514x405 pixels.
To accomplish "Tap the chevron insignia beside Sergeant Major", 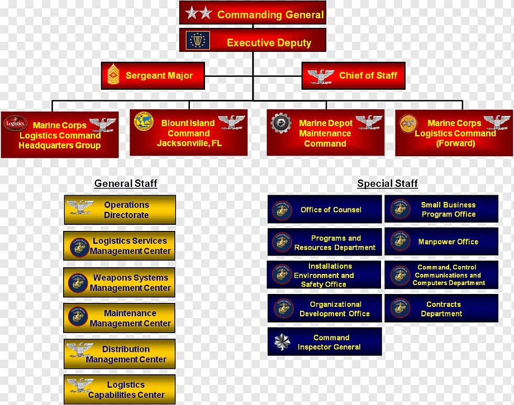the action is (x=114, y=75).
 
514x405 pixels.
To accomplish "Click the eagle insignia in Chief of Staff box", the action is (x=321, y=76).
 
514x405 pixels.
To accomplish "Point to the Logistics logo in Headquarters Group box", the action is (x=15, y=123).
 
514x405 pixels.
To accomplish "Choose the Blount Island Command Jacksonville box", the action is (x=189, y=133).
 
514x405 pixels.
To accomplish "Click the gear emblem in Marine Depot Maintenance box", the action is (x=280, y=122).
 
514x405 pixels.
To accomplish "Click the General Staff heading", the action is (x=126, y=184).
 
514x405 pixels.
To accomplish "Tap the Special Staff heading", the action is (x=387, y=184).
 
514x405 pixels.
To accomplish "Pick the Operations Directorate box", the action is (x=120, y=210).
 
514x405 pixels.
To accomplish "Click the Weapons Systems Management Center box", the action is (x=120, y=282).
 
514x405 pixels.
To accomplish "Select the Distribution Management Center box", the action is (x=120, y=354).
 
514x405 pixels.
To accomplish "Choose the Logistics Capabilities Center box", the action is (x=120, y=389).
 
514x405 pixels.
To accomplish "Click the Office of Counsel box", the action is (x=325, y=210).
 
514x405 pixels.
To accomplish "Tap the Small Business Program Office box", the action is (x=441, y=209).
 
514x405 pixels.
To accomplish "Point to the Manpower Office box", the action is (x=441, y=242).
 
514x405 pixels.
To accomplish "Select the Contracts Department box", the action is (x=441, y=308).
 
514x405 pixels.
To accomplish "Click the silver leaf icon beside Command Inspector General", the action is (x=283, y=341).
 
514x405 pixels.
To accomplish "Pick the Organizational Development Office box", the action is (x=325, y=308).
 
